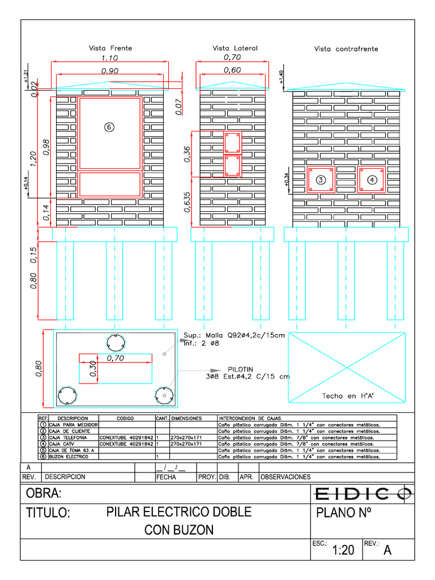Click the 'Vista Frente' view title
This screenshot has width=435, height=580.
110,49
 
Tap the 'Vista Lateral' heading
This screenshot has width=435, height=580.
235,49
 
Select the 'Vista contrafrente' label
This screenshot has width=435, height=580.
346,49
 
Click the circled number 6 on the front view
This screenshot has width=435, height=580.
109,127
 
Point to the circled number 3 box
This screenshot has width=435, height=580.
321,180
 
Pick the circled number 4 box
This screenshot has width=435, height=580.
372,180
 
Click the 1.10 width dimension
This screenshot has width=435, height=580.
109,58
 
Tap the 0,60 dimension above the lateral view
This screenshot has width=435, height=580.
232,70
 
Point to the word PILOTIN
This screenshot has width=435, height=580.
241,369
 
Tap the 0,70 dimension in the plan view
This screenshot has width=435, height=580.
116,358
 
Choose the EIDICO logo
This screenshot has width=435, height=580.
363,494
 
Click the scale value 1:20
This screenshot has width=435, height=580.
343,550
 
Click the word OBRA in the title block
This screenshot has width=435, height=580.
42,494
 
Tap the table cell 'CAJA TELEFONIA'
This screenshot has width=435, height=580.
68,437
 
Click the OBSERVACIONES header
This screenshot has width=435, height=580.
285,477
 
